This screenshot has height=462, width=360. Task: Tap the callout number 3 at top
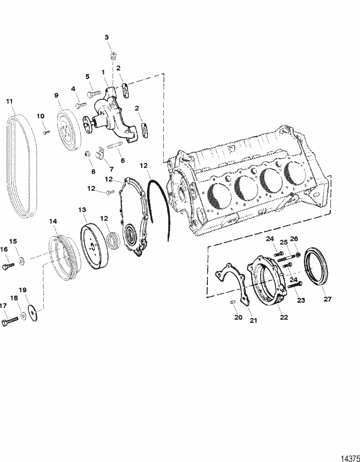tap(107, 37)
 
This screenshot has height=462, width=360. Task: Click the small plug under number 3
tap(114, 56)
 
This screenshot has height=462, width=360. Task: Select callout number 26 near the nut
tap(294, 238)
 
